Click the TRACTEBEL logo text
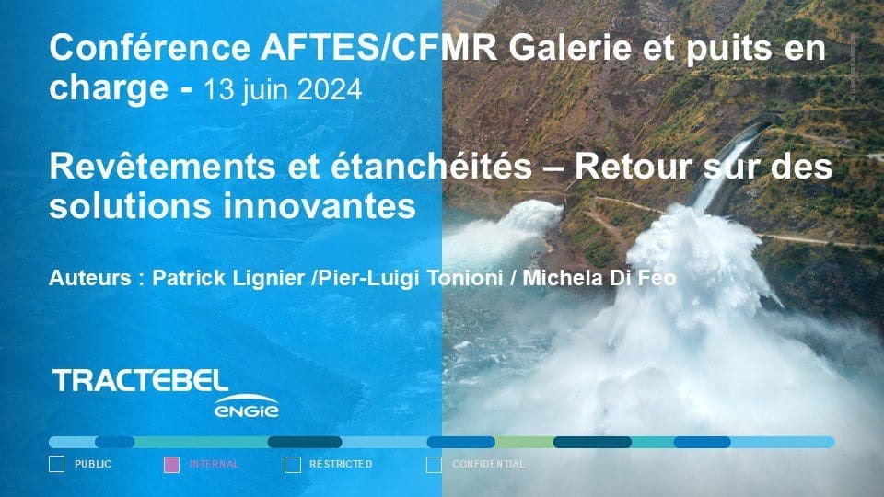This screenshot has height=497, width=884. click(140, 381)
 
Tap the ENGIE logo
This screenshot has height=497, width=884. click(247, 407)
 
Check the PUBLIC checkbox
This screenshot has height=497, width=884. click(56, 464)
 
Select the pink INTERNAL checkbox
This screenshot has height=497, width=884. click(171, 464)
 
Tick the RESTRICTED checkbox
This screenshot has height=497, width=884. click(293, 464)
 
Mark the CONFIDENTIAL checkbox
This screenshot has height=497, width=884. click(434, 464)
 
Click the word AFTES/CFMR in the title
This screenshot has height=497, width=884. click(378, 48)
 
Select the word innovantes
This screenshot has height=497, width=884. click(320, 205)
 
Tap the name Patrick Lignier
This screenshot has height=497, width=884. click(228, 278)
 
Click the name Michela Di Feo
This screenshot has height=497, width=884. click(599, 278)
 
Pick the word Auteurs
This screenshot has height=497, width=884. click(90, 278)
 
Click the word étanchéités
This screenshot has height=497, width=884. click(431, 167)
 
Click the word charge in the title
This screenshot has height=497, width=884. click(109, 89)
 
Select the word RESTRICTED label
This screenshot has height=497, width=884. click(341, 464)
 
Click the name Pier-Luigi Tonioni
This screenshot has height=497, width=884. click(411, 278)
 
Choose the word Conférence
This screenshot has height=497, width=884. click(149, 48)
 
